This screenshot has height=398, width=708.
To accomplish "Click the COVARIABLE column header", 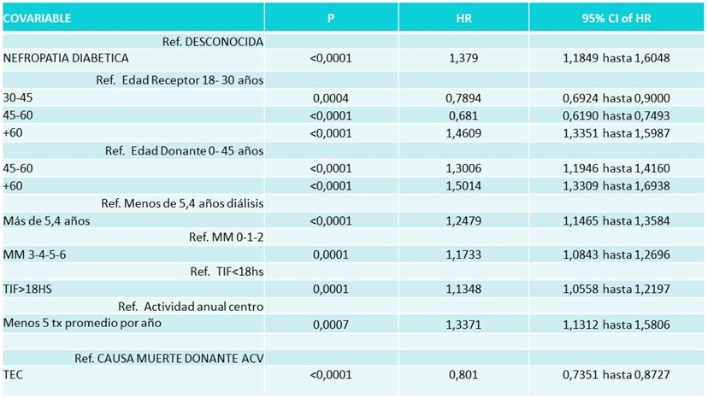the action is [x=37, y=19].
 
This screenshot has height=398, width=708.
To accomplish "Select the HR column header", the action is [x=463, y=19].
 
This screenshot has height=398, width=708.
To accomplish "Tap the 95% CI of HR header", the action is [x=617, y=19].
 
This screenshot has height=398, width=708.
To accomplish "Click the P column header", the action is [x=331, y=19].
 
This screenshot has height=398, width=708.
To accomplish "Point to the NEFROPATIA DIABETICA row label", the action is [x=66, y=58].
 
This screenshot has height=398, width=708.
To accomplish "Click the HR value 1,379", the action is [x=463, y=58].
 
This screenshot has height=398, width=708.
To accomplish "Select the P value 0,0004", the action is [x=331, y=98].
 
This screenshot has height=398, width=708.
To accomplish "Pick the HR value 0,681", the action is [x=463, y=116].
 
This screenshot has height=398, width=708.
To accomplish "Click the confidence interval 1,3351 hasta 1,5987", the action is [x=617, y=133].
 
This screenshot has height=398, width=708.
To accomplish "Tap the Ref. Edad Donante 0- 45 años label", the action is [x=184, y=150].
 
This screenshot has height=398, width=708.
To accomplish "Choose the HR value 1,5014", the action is [x=463, y=186].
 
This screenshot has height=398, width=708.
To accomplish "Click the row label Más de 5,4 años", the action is [x=46, y=221].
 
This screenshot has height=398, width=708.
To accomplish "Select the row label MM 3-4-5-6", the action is [x=35, y=255].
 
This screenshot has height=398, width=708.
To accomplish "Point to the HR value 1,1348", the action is [x=463, y=290].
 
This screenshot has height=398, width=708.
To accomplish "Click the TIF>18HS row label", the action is [x=27, y=290].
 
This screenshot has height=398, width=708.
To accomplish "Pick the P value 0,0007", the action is [x=331, y=325].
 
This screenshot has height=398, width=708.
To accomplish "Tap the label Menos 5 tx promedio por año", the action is [x=82, y=323].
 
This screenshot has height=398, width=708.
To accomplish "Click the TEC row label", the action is [x=13, y=375].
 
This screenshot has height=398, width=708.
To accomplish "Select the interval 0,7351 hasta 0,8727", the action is [x=617, y=375].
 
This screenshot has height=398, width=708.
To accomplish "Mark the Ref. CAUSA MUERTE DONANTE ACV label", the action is [x=169, y=359].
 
